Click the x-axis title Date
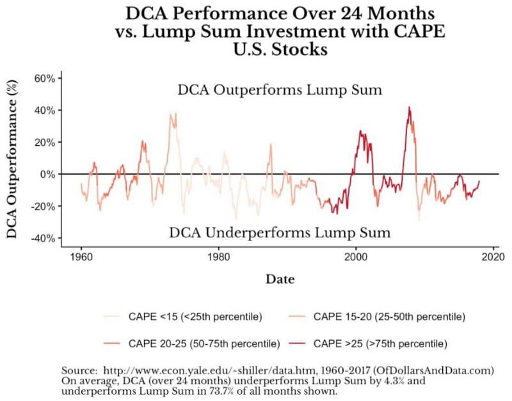point(280,279)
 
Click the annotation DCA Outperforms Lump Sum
point(280,90)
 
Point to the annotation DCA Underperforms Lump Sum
point(280,232)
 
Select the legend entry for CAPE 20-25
point(191,343)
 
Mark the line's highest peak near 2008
point(408,107)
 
